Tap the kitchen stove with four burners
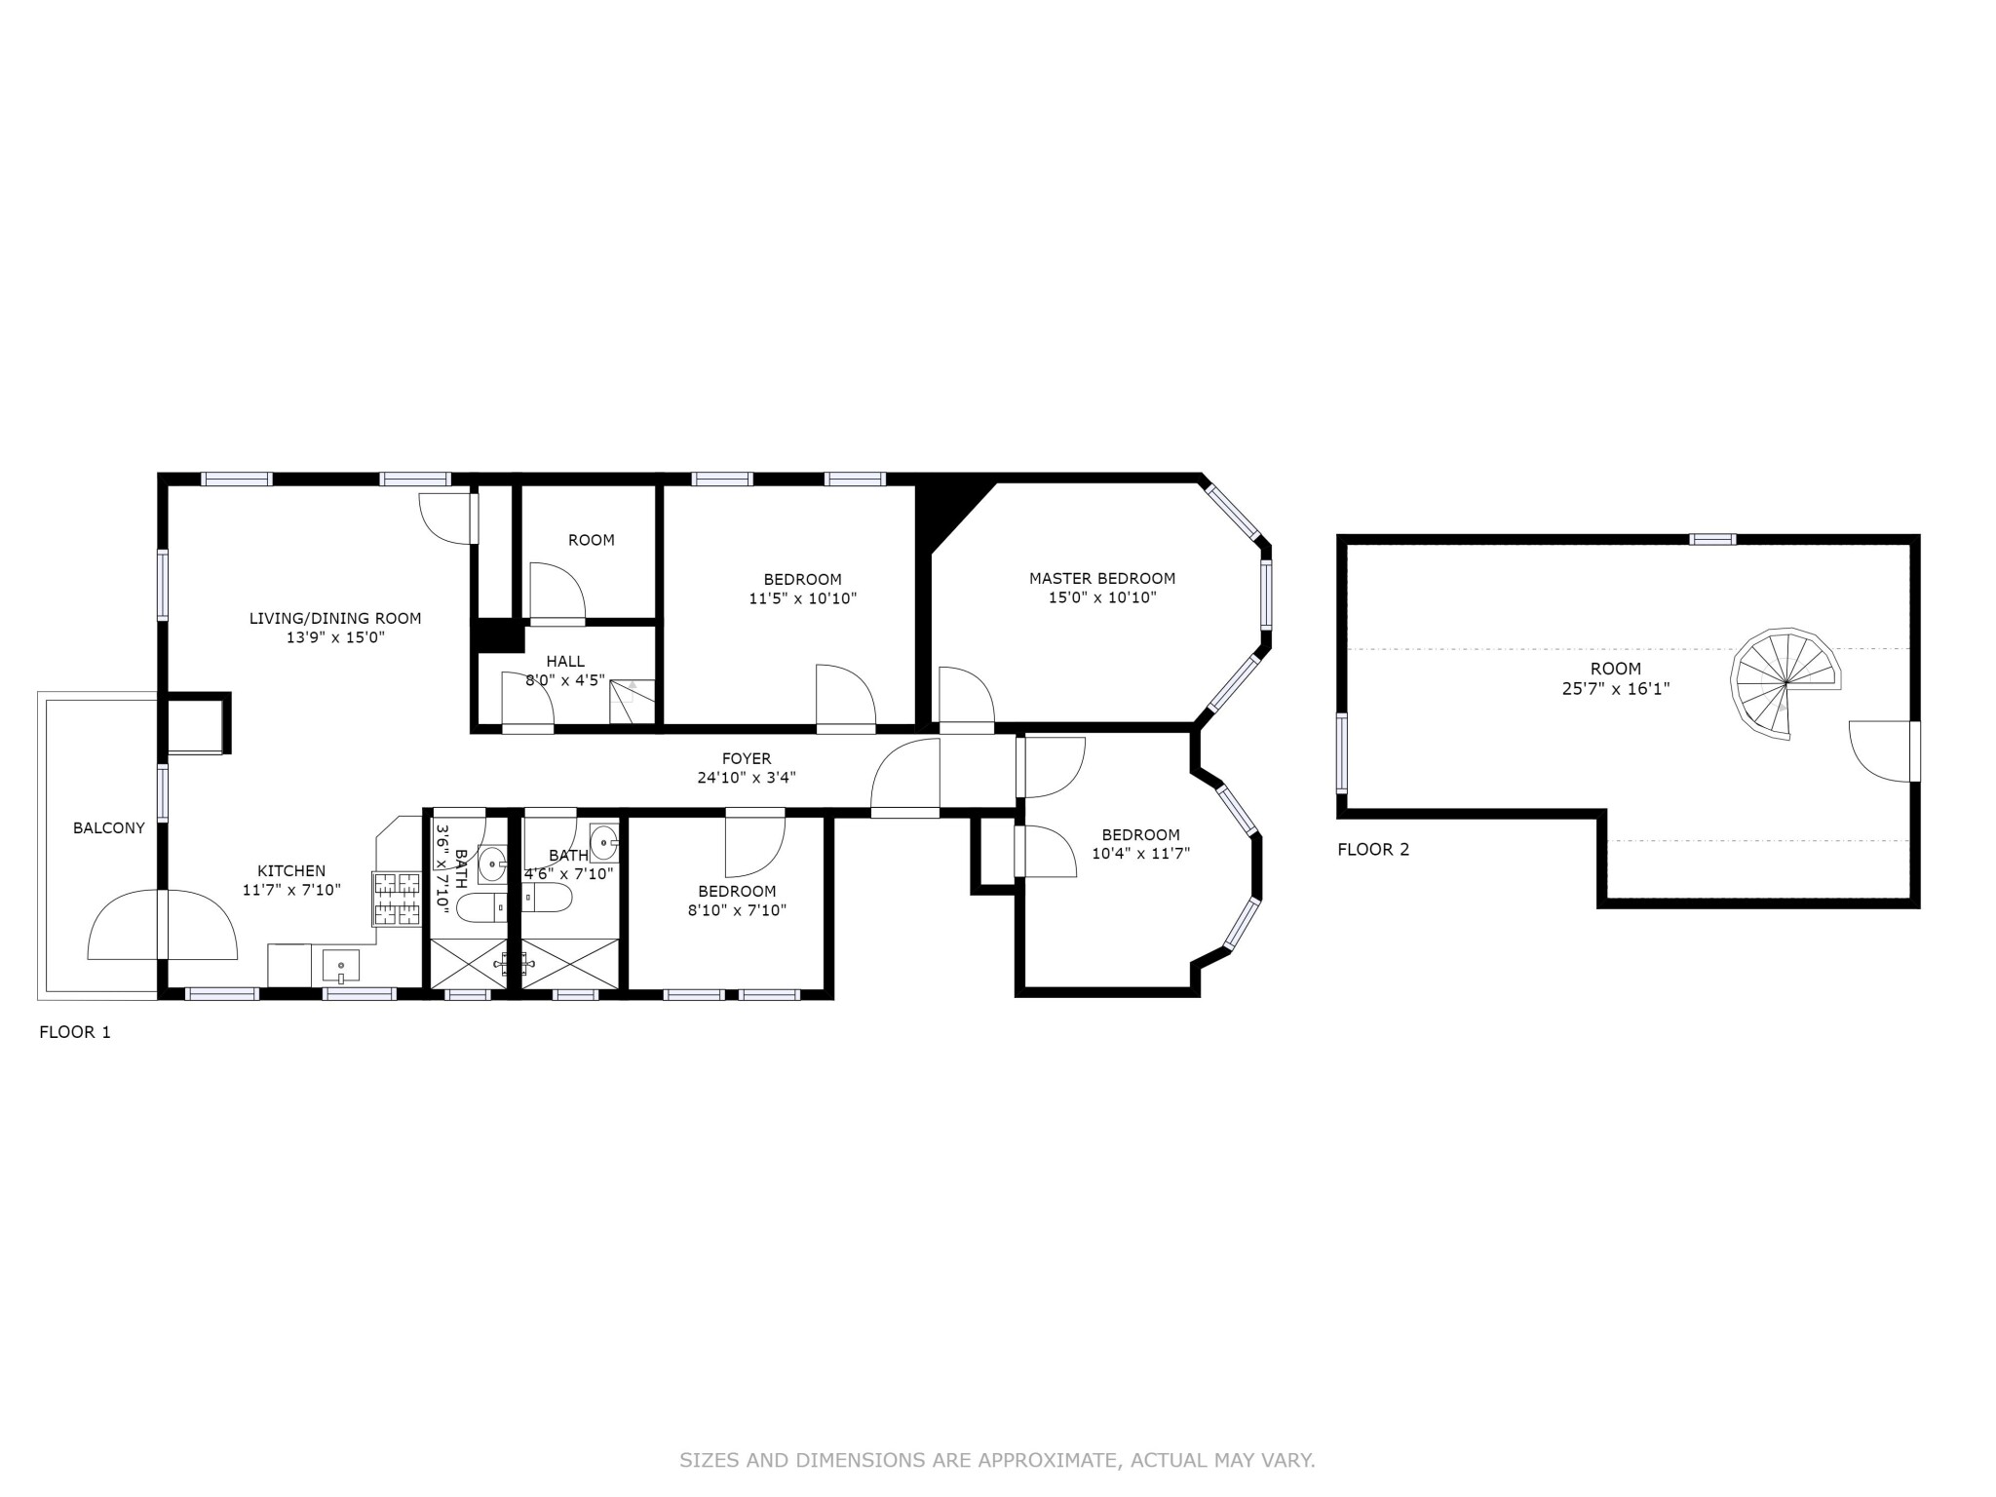coord(397,899)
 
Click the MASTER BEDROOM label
coord(1102,578)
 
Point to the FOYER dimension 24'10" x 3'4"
coord(747,778)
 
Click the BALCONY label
coord(109,828)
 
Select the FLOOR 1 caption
coord(75,1032)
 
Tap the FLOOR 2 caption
coord(1373,849)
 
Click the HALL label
coord(565,662)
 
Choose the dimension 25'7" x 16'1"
coord(1615,689)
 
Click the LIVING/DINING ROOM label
coord(335,618)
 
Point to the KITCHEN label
coord(291,871)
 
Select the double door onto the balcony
coord(163,924)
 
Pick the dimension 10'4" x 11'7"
coord(1140,854)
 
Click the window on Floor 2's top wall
coord(1712,539)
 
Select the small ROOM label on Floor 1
coord(592,540)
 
